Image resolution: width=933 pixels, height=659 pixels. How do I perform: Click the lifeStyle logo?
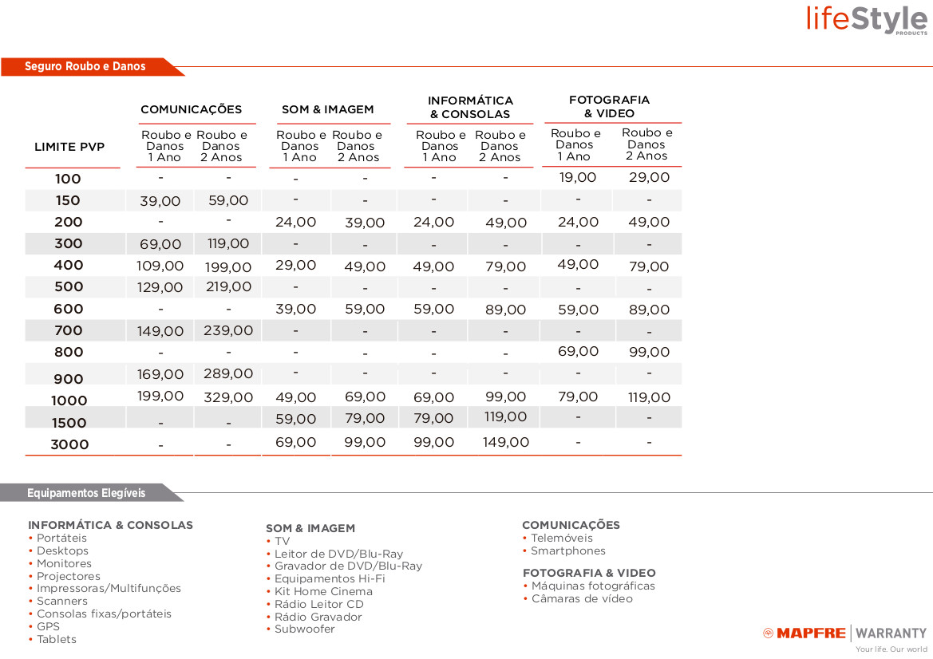click(x=867, y=18)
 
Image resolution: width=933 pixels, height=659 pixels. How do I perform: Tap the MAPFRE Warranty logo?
click(x=845, y=633)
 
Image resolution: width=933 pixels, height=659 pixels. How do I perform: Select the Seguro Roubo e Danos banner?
click(x=85, y=66)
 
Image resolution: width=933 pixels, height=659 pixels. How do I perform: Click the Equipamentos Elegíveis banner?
click(x=86, y=493)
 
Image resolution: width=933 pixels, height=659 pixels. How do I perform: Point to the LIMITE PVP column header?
click(x=69, y=147)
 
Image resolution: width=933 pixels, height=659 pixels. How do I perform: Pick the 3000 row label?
click(x=69, y=444)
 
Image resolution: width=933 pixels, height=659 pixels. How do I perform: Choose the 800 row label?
click(x=69, y=352)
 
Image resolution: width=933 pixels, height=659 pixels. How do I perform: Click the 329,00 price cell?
click(x=228, y=397)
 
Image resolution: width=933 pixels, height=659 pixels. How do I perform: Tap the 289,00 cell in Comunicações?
click(x=227, y=373)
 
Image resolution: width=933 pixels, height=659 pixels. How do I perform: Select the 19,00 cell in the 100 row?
click(x=578, y=177)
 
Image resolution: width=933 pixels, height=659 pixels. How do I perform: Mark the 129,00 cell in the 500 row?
click(x=160, y=287)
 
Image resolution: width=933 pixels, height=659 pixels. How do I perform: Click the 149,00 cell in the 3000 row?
click(x=505, y=442)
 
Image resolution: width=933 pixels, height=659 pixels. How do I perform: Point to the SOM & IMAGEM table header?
click(x=327, y=109)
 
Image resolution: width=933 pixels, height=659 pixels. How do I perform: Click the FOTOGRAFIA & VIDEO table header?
click(x=609, y=106)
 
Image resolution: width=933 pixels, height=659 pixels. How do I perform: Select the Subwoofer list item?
click(x=304, y=629)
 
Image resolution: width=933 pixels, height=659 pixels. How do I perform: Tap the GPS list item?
click(x=48, y=626)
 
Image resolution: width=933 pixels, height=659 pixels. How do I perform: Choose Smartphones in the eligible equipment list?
click(x=567, y=550)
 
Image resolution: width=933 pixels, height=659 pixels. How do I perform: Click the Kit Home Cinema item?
click(x=323, y=591)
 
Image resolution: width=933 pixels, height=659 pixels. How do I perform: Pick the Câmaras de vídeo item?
click(x=582, y=598)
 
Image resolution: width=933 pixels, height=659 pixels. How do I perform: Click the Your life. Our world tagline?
click(x=891, y=649)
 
